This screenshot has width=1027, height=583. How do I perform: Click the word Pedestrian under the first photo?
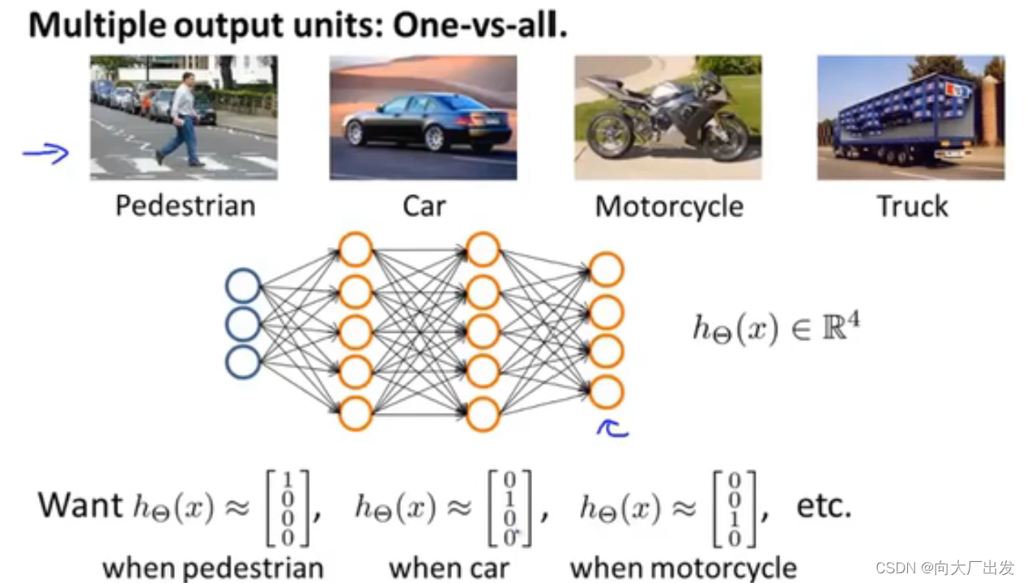coord(185,206)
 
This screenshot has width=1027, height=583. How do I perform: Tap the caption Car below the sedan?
coord(424,206)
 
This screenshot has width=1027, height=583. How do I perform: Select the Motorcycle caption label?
coord(669,206)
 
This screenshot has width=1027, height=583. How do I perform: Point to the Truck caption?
coord(912,206)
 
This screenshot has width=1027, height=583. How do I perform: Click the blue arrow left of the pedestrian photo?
coord(46,153)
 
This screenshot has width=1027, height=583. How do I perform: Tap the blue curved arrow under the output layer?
coord(612,429)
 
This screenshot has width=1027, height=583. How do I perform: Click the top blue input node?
coord(243,287)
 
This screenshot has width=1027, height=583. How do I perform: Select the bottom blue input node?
coord(243,362)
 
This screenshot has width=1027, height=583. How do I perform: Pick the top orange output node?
coord(606,270)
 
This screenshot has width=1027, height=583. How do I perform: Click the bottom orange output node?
coord(606,392)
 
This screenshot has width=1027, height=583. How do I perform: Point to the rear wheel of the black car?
coord(434,138)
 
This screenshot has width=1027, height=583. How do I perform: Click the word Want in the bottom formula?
coord(79,505)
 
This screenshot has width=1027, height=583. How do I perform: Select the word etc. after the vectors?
coord(823,506)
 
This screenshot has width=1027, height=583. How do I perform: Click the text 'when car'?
coord(449,568)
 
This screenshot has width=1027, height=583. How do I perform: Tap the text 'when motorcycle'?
coord(683,568)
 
